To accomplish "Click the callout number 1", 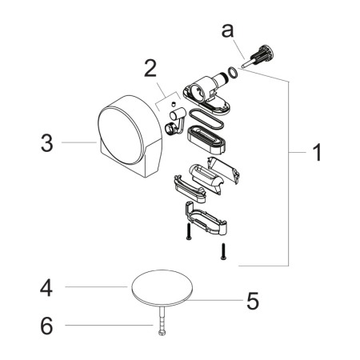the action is coord(317,152).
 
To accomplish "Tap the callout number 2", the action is coord(150,68).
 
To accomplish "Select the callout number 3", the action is coord(47,143).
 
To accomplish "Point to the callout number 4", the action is coord(46,287).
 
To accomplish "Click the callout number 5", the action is coord(253,301).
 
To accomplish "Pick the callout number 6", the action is coord(46,326).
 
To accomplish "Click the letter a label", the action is coord(227,30).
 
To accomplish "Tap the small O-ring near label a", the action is coord(232,73).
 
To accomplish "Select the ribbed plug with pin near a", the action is coord(258,56).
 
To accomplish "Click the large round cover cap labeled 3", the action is coord(130,135).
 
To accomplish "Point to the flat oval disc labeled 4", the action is coord(162,288).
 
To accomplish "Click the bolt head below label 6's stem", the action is coord(162,333).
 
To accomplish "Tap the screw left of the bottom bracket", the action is coord(189,231).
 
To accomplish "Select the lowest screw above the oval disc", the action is coord(223,251).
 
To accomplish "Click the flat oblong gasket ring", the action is coord(206,119).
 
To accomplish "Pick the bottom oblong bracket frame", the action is coord(206,219).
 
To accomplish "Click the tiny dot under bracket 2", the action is coord(174,103).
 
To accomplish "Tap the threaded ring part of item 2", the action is coord(170,128).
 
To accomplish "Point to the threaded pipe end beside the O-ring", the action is coord(222,78).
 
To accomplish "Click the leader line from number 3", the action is coord(79,142).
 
